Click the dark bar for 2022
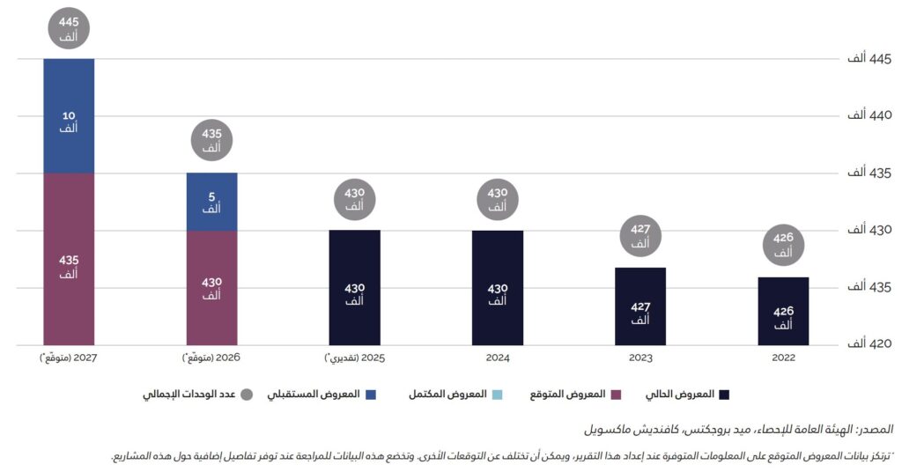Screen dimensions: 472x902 tap(783, 311)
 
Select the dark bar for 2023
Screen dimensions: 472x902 tap(640, 306)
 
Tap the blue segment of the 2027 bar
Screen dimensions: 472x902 tap(69, 115)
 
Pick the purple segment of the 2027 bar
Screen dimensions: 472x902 tap(69, 259)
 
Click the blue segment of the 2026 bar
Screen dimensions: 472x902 tap(211, 202)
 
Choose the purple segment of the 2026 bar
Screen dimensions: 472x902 tap(211, 288)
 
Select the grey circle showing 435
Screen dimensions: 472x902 tap(211, 141)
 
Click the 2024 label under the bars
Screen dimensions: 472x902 tap(497, 358)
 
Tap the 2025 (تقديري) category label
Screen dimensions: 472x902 tap(354, 358)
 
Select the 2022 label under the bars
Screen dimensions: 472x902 tap(783, 358)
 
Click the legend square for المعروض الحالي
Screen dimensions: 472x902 tap(724, 394)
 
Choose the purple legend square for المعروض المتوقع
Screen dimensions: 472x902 tap(617, 394)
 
